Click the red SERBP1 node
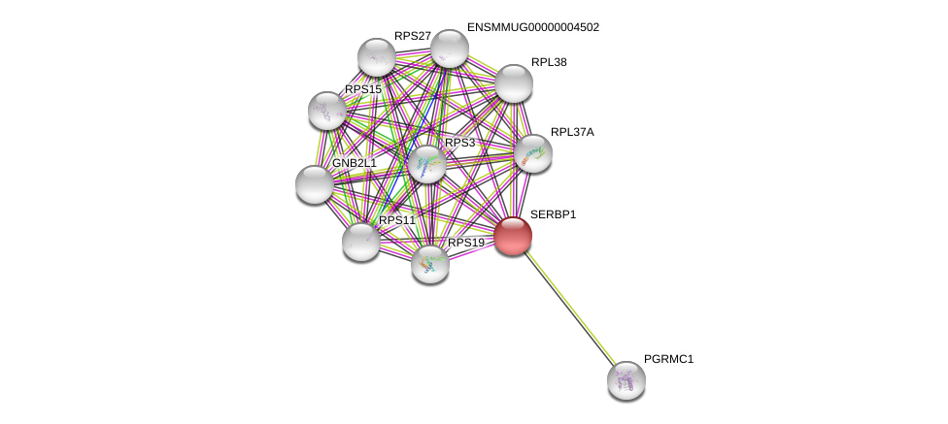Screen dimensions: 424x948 (x=513, y=236)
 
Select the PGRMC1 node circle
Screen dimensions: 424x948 (x=626, y=379)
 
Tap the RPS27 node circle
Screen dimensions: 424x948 (x=377, y=57)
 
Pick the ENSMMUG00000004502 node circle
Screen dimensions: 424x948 (x=450, y=49)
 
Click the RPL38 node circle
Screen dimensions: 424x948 (x=514, y=83)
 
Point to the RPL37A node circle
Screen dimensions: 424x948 (x=533, y=153)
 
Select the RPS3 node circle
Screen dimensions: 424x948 (x=427, y=164)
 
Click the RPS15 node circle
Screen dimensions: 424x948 (x=327, y=111)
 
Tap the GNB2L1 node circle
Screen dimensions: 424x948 (x=315, y=184)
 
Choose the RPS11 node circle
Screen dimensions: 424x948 (x=361, y=242)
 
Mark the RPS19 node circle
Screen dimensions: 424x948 (x=430, y=264)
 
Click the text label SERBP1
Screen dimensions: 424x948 (x=553, y=214)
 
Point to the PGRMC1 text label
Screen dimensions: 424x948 (x=668, y=359)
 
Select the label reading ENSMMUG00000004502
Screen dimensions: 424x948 (x=532, y=27)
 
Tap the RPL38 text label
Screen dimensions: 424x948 (x=549, y=62)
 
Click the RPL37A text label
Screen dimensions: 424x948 (x=572, y=132)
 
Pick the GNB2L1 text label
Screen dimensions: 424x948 (x=354, y=163)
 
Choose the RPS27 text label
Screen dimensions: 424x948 (x=412, y=36)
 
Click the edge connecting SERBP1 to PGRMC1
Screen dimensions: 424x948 (x=570, y=308)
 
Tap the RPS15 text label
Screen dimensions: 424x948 (x=362, y=89)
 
